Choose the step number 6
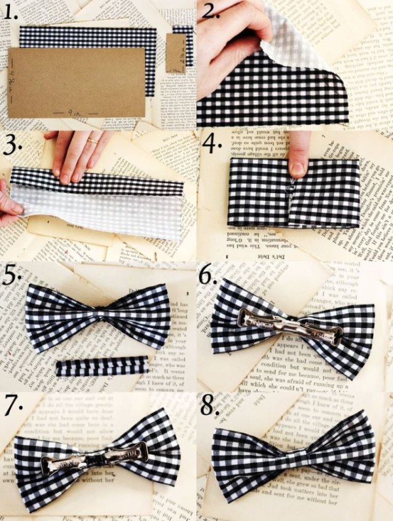(x=210, y=276)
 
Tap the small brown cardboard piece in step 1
(x=175, y=53)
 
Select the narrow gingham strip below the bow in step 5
(x=102, y=366)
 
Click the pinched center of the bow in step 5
(x=98, y=318)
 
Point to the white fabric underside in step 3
(x=98, y=213)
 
